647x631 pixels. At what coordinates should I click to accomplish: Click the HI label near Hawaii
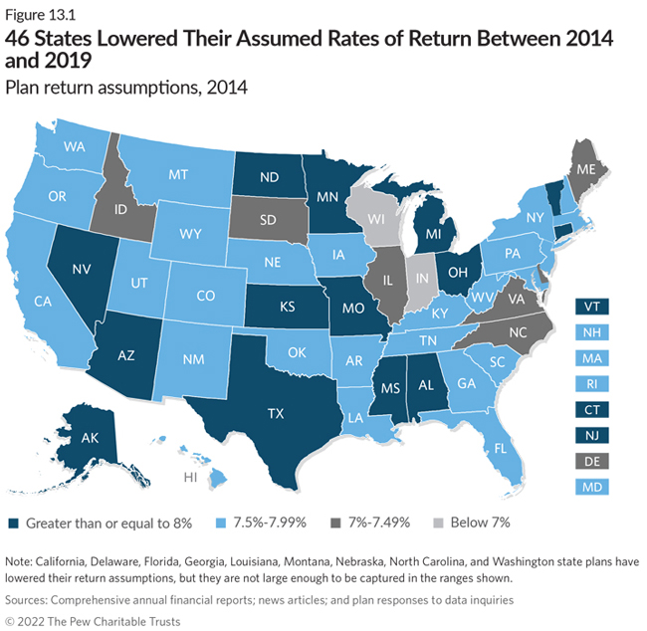pyautogui.click(x=189, y=478)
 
